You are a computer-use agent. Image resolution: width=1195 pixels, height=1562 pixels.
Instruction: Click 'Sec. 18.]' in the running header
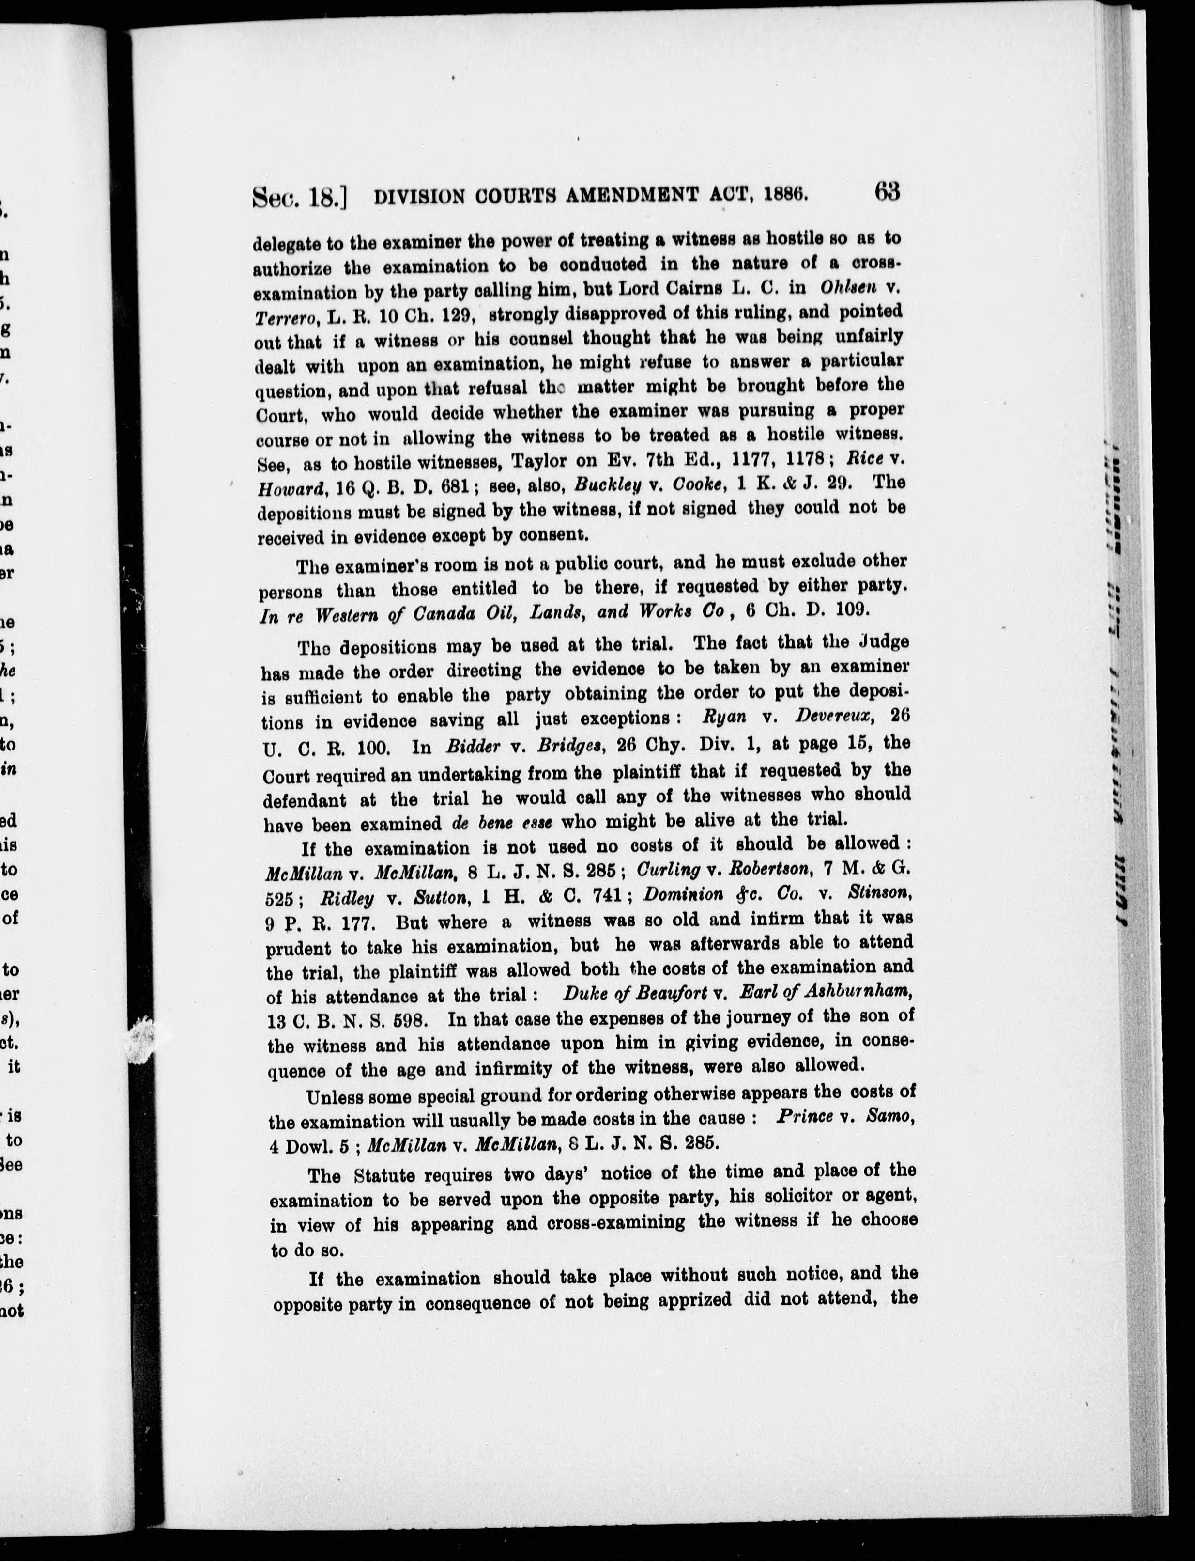pos(299,196)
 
